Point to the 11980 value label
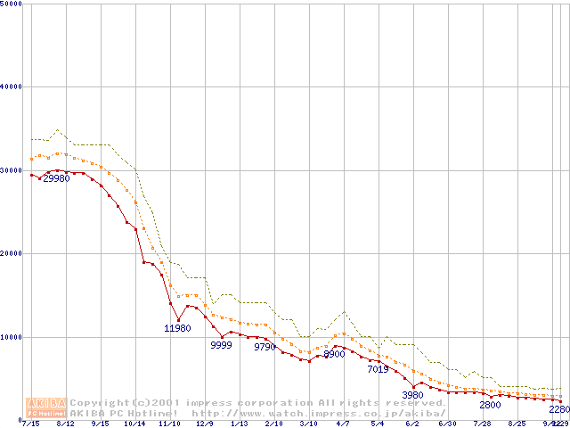(x=177, y=328)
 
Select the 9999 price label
(x=221, y=345)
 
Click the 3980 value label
(x=412, y=395)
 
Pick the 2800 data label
(x=490, y=405)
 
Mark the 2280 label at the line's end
(x=559, y=409)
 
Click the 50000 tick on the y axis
(x=11, y=4)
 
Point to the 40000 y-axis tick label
(x=11, y=86)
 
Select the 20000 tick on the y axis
(x=11, y=253)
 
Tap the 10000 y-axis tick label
(x=11, y=337)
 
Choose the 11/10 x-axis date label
(x=169, y=424)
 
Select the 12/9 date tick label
(x=205, y=424)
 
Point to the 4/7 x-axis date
(x=343, y=424)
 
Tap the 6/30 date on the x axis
(x=447, y=424)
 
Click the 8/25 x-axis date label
(x=517, y=424)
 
